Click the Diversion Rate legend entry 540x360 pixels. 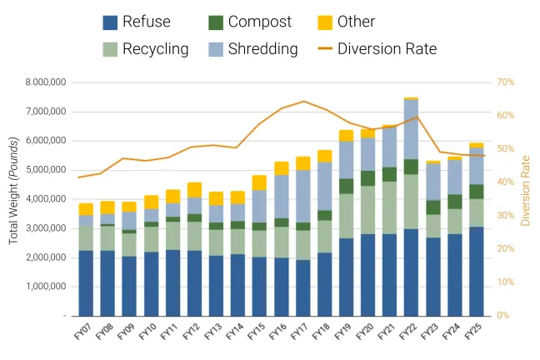point(387,48)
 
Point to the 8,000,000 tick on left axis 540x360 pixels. point(46,82)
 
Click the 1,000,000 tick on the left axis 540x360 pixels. point(46,287)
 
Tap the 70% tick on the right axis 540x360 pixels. point(505,82)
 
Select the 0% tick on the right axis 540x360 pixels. point(504,316)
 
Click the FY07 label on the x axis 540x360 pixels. point(83,332)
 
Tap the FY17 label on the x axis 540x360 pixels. point(300,332)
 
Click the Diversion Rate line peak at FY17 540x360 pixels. point(303,102)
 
